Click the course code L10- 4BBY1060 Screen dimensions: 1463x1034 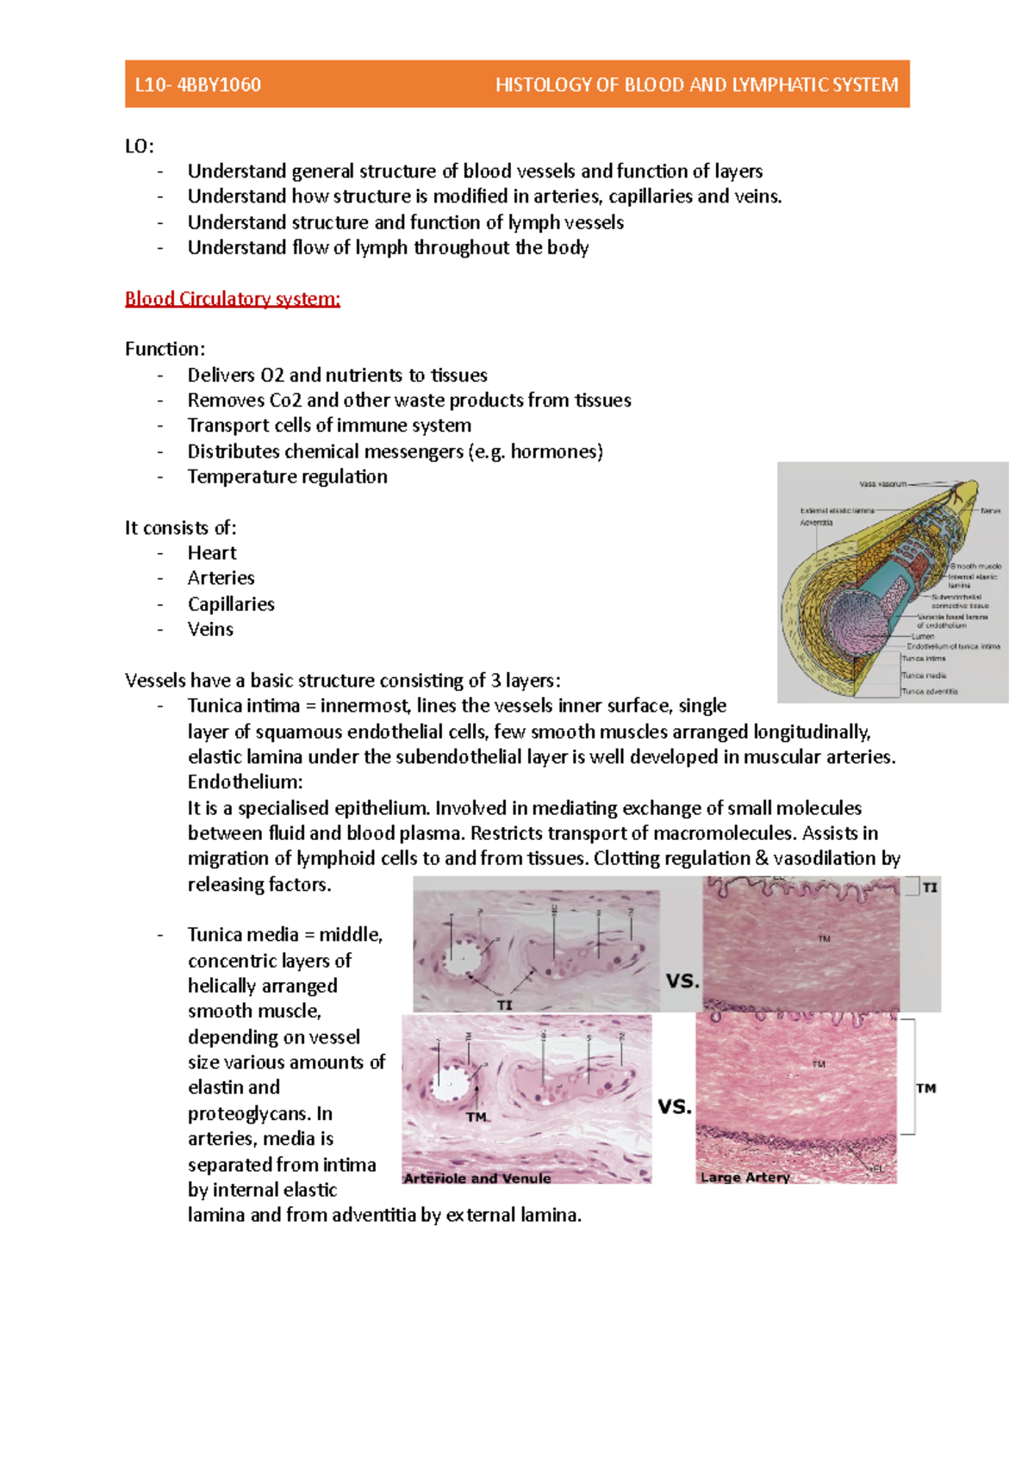pyautogui.click(x=198, y=84)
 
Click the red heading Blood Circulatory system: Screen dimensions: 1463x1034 pyautogui.click(x=233, y=299)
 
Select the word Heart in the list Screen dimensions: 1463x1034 pyautogui.click(x=212, y=553)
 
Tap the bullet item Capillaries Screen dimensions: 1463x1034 pyautogui.click(x=231, y=604)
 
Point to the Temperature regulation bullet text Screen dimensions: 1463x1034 pyautogui.click(x=287, y=476)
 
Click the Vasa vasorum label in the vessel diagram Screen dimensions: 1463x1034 pyautogui.click(x=882, y=484)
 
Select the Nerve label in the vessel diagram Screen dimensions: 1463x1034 pyautogui.click(x=990, y=511)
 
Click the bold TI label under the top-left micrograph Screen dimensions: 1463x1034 pyautogui.click(x=505, y=1005)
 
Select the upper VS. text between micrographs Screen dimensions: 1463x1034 pyautogui.click(x=682, y=981)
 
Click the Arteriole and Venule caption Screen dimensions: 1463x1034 pyautogui.click(x=477, y=1178)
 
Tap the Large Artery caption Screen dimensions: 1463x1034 pyautogui.click(x=744, y=1177)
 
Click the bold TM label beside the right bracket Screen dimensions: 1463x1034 pyautogui.click(x=926, y=1088)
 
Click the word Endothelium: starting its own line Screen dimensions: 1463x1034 pyautogui.click(x=245, y=782)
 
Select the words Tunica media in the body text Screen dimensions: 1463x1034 pyautogui.click(x=243, y=935)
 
